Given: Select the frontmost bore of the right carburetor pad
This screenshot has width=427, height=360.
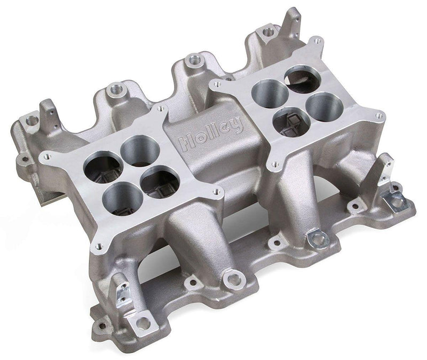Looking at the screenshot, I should (288, 123).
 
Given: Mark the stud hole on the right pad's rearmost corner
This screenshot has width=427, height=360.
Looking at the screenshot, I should (319, 40).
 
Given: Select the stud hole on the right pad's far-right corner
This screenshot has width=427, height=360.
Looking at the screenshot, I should (379, 115).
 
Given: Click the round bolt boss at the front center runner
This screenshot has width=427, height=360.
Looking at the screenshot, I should (232, 279).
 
